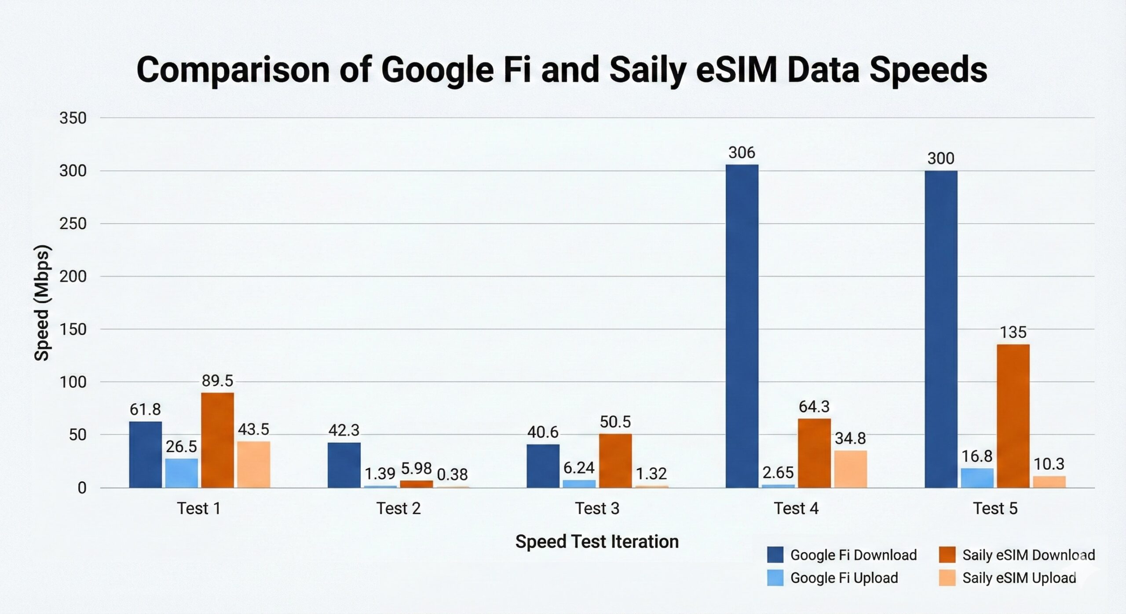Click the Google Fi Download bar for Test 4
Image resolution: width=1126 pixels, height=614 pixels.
click(742, 325)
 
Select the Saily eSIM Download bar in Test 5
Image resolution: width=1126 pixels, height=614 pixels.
click(1013, 416)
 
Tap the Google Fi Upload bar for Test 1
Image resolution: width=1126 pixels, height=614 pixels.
click(181, 473)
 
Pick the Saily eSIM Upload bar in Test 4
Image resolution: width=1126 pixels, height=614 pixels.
click(850, 469)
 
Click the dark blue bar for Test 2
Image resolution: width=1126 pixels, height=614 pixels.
click(344, 465)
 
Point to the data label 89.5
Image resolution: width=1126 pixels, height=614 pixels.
click(217, 380)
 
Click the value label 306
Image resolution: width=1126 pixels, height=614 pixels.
click(742, 153)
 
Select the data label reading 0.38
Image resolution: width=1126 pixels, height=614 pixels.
click(452, 475)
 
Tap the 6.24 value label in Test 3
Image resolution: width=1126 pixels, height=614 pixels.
click(579, 468)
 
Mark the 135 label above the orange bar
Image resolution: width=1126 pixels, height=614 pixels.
click(1013, 332)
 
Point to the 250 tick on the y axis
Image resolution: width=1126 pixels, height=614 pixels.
click(73, 223)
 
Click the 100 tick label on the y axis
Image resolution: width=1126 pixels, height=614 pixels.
click(73, 382)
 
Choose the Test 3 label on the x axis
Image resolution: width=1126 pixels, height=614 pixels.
click(597, 508)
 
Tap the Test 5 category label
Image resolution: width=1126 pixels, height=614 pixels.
click(995, 508)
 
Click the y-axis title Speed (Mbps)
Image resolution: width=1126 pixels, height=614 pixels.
click(42, 303)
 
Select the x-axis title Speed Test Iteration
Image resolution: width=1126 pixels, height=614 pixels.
click(597, 541)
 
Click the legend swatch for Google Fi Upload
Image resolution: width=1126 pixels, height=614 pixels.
click(775, 578)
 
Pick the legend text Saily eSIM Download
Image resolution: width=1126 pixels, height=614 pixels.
click(1028, 555)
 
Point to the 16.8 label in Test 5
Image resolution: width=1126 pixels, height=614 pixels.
click(976, 457)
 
